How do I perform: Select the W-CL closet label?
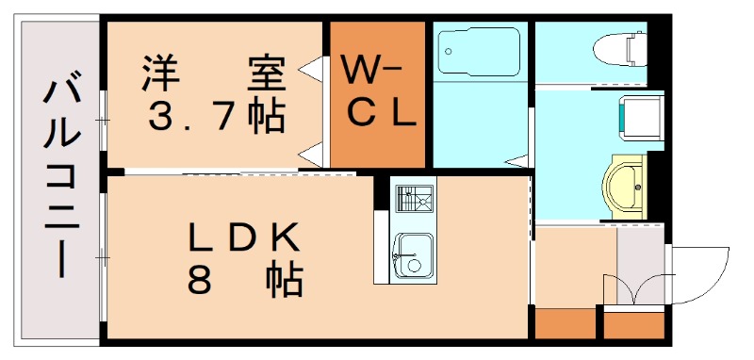(376, 92)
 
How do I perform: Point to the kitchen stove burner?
(413, 200)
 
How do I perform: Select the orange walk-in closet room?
(376, 92)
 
